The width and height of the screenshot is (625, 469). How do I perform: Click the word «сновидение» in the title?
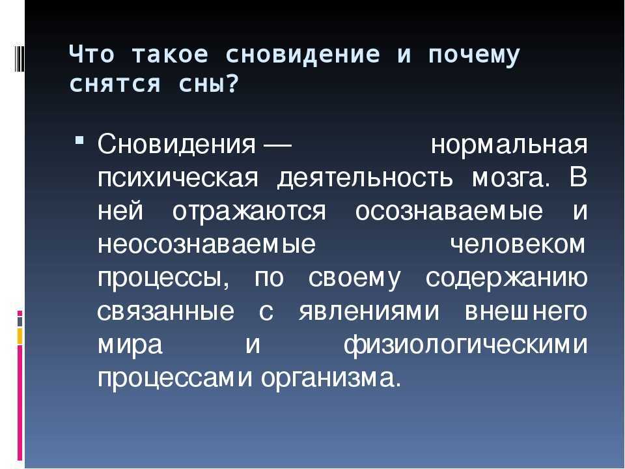[x=303, y=55]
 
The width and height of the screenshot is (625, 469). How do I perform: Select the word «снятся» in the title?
[x=115, y=84]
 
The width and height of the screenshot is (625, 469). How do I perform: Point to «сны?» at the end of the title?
[x=209, y=84]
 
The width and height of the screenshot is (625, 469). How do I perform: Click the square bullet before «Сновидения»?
[x=79, y=141]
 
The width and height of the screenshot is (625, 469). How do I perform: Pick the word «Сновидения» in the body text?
[x=176, y=145]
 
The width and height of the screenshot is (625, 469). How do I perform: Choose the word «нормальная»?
[x=509, y=145]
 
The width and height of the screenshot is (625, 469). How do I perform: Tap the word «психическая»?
[x=178, y=178]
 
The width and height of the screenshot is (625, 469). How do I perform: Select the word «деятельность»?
[x=365, y=179]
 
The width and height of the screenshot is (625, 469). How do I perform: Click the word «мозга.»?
[x=510, y=179]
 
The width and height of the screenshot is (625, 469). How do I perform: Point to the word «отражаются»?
[x=249, y=212]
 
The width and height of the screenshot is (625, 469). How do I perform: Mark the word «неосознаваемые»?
[x=206, y=244]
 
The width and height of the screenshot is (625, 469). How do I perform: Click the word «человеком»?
[x=518, y=244]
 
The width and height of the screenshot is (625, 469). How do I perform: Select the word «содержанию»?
[x=507, y=278]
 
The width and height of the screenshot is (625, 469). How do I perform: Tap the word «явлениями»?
[x=368, y=311]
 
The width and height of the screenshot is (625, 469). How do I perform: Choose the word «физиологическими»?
[x=465, y=345]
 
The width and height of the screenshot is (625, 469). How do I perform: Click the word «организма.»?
[x=331, y=378]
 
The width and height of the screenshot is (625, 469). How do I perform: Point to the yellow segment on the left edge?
[x=20, y=336]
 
